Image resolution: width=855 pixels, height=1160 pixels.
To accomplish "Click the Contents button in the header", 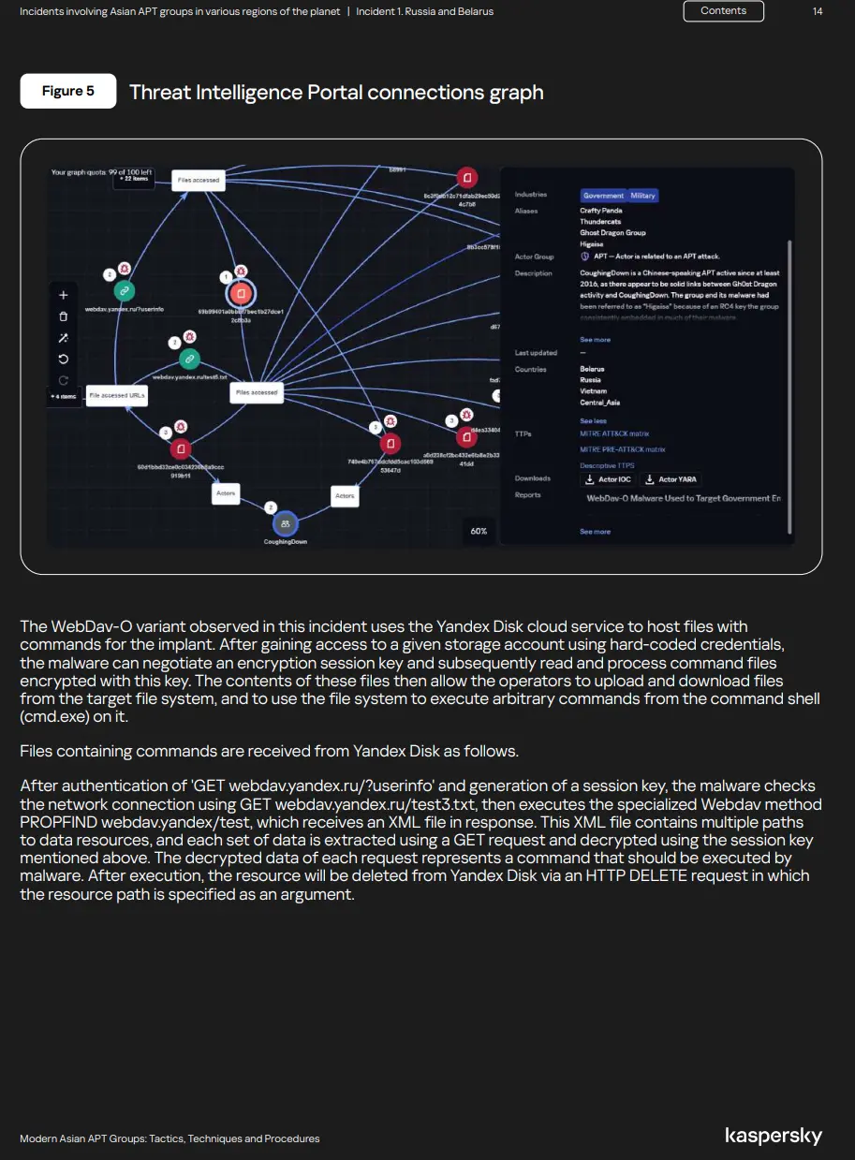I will (724, 11).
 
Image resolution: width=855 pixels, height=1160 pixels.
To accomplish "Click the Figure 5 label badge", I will (68, 91).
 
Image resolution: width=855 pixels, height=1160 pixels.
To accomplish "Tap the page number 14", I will (818, 11).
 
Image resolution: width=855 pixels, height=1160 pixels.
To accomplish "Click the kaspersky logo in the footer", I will (774, 1137).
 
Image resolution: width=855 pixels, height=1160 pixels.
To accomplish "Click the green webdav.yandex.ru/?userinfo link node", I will (124, 290).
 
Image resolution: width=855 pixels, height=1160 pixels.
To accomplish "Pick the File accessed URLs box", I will (117, 396).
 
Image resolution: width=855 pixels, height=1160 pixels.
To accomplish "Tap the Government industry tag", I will (603, 196).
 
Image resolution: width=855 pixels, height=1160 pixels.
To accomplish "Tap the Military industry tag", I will (643, 196).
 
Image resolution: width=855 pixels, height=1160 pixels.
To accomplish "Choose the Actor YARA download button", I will (671, 479).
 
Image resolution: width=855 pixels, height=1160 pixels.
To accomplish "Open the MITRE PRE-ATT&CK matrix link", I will (622, 449).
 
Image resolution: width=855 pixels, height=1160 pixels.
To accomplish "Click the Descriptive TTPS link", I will (607, 465).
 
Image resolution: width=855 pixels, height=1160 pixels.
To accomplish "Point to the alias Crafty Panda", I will (600, 211).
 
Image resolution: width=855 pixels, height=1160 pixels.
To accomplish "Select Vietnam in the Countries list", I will (593, 391).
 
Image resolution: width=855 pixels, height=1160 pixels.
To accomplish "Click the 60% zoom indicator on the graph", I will (479, 531).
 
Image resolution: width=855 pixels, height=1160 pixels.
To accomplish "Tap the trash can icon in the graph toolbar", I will (64, 316).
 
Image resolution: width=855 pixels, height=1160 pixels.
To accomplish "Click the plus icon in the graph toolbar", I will (64, 295).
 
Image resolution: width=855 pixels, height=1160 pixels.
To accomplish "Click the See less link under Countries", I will (592, 421).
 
